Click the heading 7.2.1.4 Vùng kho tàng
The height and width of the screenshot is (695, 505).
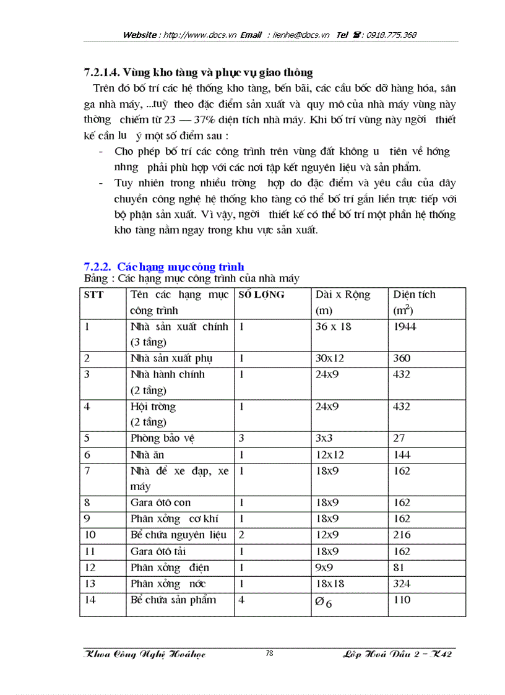tap(198, 72)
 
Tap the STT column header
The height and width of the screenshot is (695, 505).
tap(94, 295)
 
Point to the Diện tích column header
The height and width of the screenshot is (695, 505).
tap(414, 295)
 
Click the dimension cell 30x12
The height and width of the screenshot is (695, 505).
tap(328, 358)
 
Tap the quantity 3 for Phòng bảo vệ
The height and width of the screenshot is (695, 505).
tap(241, 438)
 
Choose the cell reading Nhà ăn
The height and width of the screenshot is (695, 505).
tap(147, 455)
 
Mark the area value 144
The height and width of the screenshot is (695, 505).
tap(402, 455)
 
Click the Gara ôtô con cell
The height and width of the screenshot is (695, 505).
tap(160, 503)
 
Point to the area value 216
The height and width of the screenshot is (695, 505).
tap(402, 535)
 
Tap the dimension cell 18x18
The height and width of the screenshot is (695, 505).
tap(330, 584)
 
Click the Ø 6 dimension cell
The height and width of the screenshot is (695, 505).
tap(324, 602)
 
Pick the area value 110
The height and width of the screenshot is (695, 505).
tap(402, 600)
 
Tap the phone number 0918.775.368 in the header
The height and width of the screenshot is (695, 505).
tap(392, 35)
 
